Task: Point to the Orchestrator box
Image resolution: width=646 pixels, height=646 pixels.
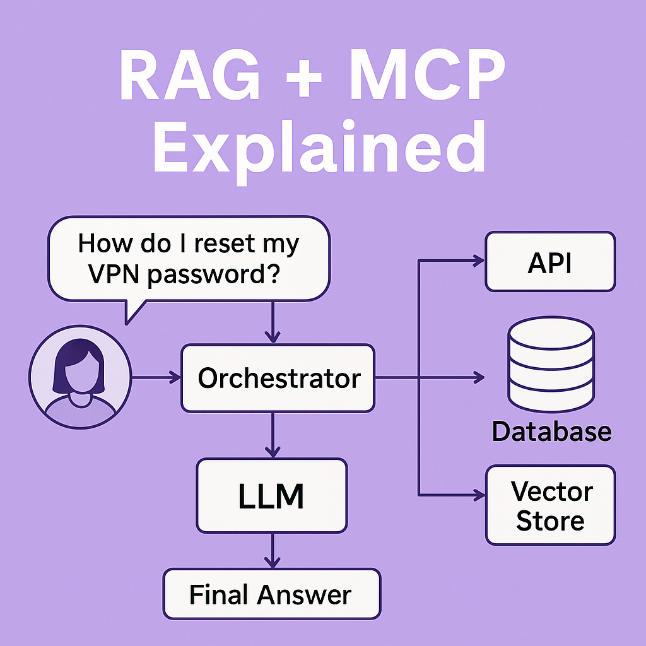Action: (278, 379)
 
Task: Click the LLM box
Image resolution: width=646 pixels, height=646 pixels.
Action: (271, 496)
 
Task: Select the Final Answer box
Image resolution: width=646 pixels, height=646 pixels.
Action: (271, 594)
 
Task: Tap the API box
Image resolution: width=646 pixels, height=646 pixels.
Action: (550, 262)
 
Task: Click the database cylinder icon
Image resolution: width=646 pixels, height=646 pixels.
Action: (551, 365)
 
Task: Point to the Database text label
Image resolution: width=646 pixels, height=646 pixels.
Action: (551, 432)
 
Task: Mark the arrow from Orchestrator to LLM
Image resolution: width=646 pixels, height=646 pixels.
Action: (272, 435)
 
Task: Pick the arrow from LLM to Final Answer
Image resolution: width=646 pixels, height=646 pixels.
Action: (272, 550)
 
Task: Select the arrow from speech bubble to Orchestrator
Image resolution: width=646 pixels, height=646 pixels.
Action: (272, 322)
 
